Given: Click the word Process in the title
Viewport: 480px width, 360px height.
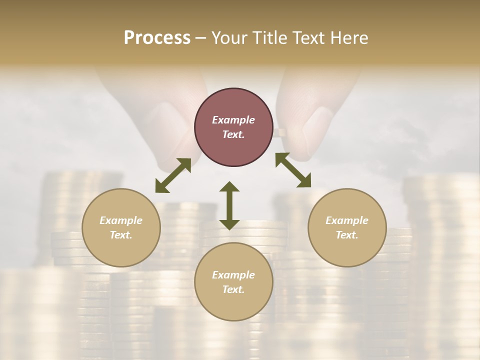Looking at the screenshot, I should (157, 37).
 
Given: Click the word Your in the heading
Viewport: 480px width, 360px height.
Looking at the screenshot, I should (229, 37).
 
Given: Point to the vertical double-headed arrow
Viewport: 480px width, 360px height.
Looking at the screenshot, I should (229, 205).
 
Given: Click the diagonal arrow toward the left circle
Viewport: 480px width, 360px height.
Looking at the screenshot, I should (173, 175).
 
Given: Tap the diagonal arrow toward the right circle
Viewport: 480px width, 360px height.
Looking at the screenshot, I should (293, 170).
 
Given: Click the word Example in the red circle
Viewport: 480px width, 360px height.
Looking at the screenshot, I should (233, 120).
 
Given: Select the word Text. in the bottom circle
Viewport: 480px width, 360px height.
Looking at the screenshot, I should (233, 289).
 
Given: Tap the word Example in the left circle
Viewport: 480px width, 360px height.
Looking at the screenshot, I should (121, 220).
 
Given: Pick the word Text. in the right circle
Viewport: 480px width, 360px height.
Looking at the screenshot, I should (347, 235).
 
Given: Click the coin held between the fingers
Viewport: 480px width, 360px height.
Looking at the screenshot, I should (282, 132).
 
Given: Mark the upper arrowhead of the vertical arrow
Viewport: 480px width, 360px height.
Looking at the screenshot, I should (229, 187).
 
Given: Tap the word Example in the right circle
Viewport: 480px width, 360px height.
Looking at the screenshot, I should (347, 220).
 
